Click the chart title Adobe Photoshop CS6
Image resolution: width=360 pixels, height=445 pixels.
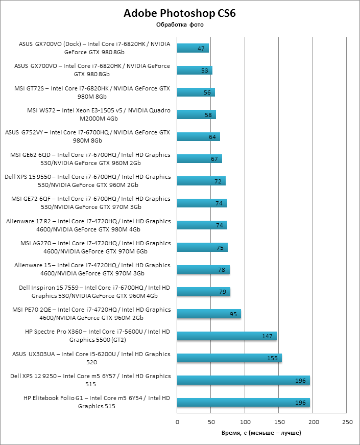pos(180,13)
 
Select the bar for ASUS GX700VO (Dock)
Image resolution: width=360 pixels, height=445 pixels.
pos(193,49)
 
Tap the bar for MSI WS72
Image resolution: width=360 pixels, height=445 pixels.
pos(197,115)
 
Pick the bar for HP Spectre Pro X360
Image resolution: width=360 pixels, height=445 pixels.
pos(227,336)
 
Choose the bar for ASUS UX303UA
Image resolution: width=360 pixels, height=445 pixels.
pos(230,358)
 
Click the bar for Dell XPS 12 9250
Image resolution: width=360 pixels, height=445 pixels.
pos(244,380)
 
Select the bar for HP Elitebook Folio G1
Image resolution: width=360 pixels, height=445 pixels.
pos(244,403)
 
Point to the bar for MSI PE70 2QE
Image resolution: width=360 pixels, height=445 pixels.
pos(209,314)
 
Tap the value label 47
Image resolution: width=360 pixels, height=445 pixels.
pos(201,49)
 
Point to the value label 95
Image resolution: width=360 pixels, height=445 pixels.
pos(233,314)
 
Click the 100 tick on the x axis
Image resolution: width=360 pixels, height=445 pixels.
pos(245,422)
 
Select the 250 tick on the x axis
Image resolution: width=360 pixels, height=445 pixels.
pos(347,422)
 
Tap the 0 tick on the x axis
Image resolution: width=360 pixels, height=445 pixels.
pos(177,422)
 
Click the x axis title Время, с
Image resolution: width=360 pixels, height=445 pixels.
pos(261,433)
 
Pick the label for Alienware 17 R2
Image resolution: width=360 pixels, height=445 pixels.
pos(88,225)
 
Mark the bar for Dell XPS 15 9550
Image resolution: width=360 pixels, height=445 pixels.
pos(201,181)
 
